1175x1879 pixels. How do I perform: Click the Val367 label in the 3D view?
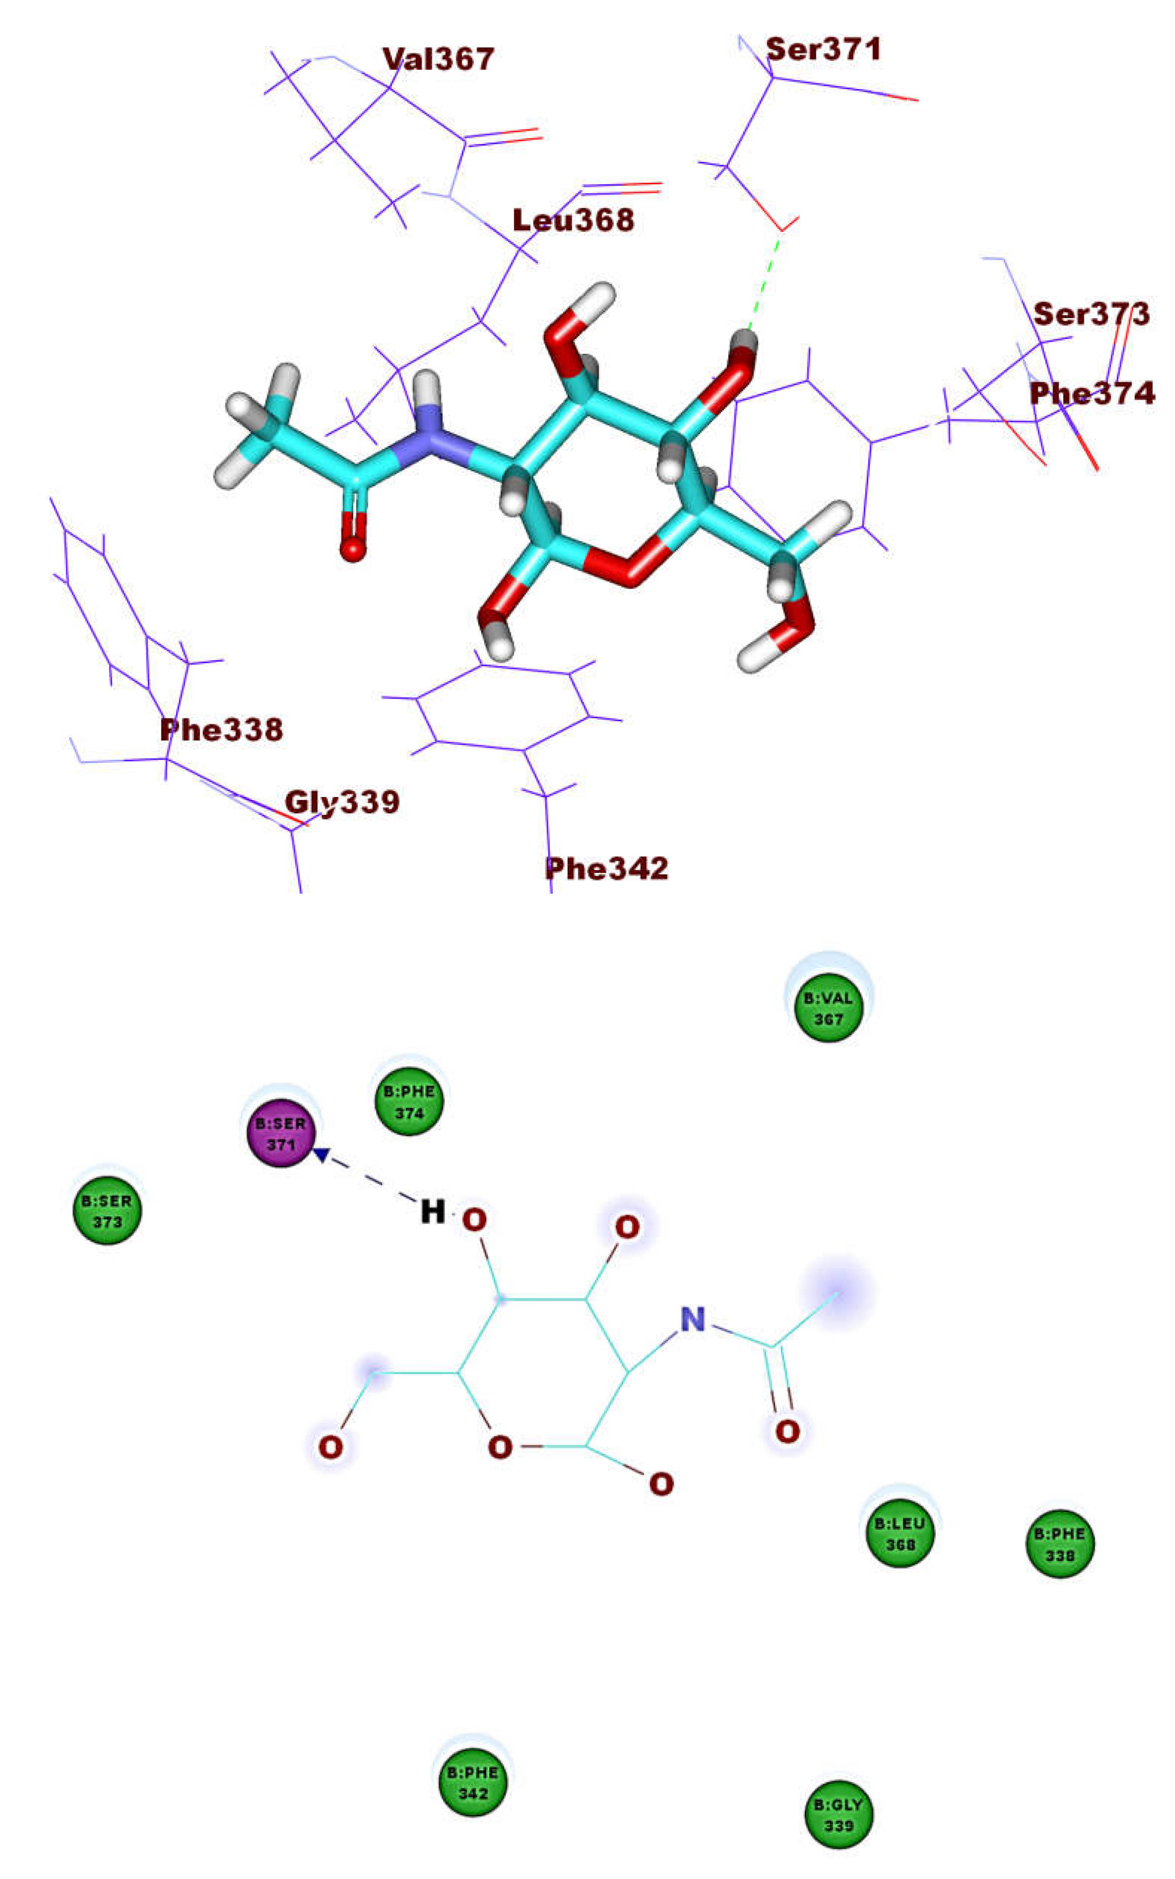pos(438,59)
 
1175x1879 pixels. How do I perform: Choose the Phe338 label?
pos(221,730)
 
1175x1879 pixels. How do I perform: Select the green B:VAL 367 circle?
pos(828,1008)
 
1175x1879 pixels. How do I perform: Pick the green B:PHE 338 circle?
pos(1060,1544)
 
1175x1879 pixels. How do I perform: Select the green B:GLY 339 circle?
pos(839,1815)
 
